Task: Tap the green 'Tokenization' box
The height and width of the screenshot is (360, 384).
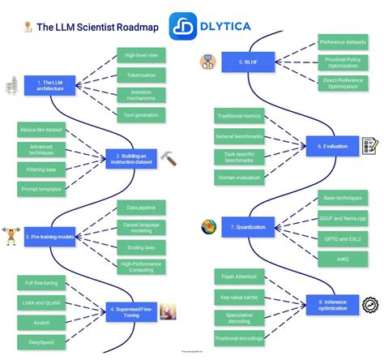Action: click(x=141, y=75)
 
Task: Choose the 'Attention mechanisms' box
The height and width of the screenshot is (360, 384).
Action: click(x=141, y=96)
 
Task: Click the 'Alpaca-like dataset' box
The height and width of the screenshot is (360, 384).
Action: click(x=40, y=130)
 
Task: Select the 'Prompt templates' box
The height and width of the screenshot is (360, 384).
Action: click(x=40, y=188)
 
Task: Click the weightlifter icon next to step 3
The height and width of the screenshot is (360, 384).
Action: click(x=11, y=236)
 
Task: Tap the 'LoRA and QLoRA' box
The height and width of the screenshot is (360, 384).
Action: click(x=40, y=302)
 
